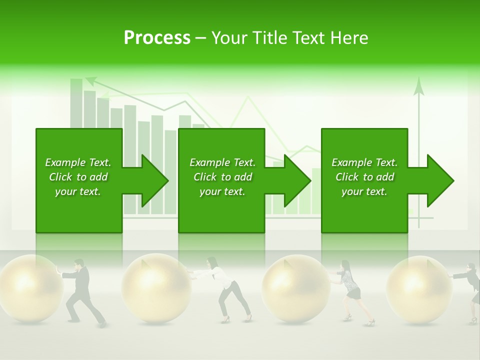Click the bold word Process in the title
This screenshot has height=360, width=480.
[x=157, y=38]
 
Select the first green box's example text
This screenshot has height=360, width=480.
[x=78, y=177]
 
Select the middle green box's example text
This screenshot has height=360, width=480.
[x=222, y=177]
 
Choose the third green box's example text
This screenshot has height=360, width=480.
[x=364, y=177]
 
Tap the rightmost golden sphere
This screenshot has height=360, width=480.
[x=419, y=288]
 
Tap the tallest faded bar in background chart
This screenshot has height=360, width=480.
[x=76, y=102]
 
